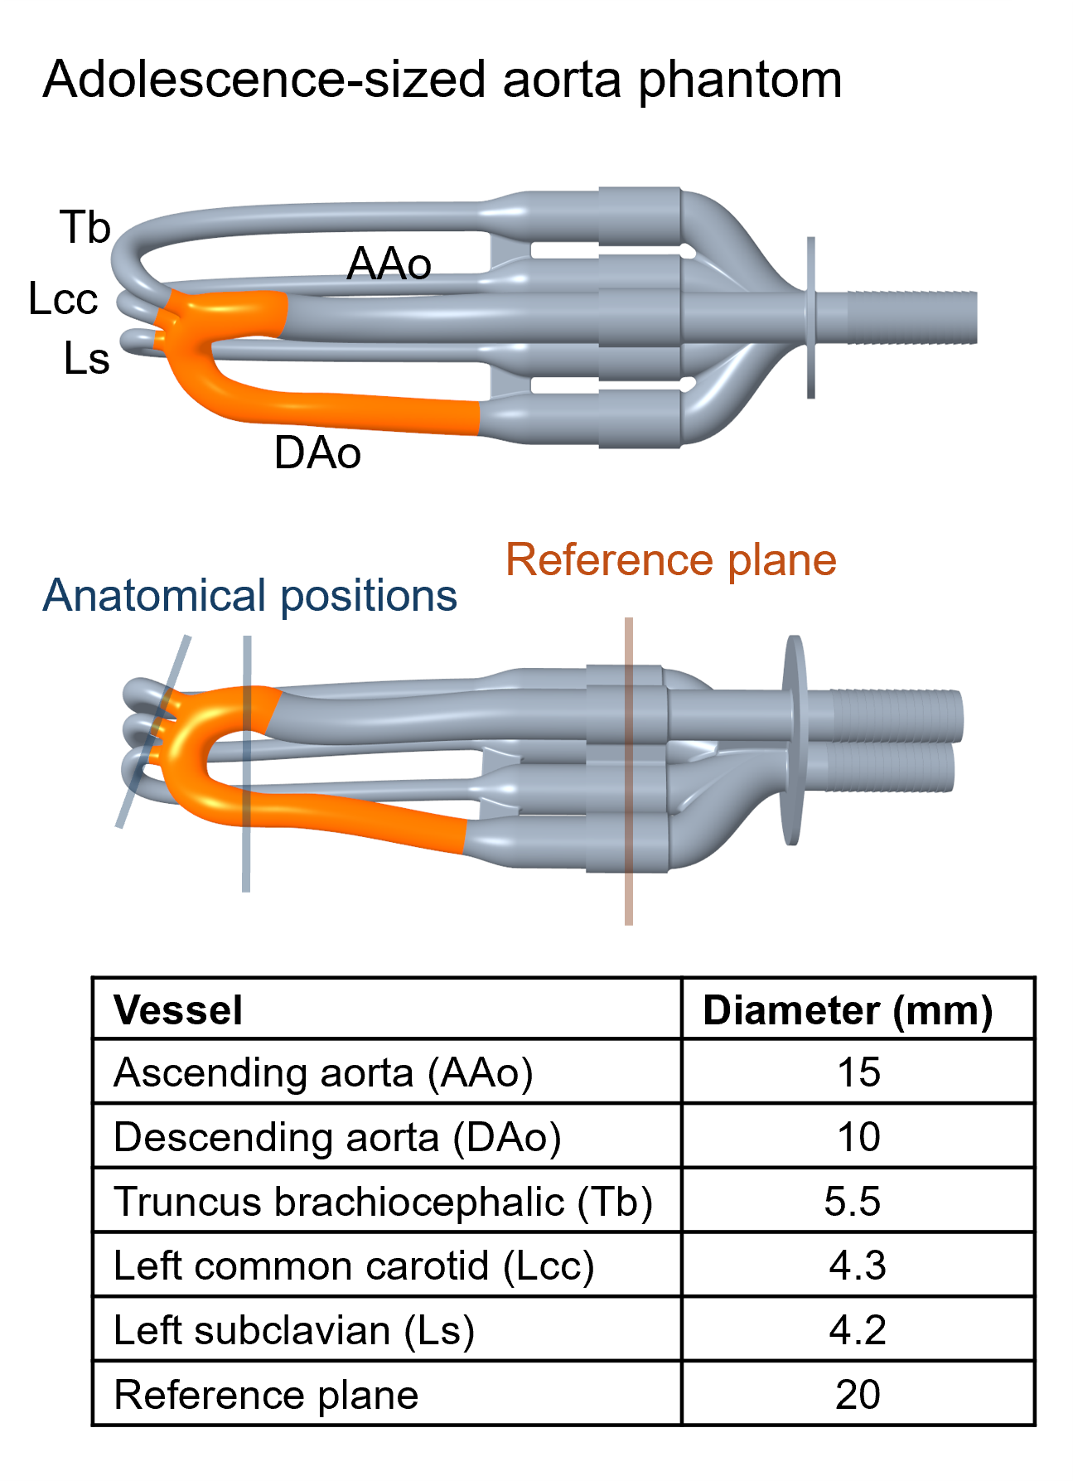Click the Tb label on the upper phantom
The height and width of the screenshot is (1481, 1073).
[85, 227]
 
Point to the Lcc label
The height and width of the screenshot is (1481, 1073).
[63, 298]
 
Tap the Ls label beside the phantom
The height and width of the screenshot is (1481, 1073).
[86, 359]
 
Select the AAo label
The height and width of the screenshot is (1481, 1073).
[389, 264]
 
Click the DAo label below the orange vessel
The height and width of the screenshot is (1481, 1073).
[317, 453]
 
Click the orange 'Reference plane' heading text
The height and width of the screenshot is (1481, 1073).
[670, 560]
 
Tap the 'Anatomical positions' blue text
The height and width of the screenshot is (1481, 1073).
[249, 596]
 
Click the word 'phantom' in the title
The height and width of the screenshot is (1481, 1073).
[740, 80]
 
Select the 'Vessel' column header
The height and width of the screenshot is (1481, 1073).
[178, 1010]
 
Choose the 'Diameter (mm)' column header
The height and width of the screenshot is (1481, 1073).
[848, 1010]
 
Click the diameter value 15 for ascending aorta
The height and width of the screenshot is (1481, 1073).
[858, 1072]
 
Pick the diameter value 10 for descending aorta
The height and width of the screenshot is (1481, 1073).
[858, 1137]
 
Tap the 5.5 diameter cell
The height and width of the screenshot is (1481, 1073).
[853, 1202]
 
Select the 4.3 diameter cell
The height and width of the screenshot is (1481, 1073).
[858, 1266]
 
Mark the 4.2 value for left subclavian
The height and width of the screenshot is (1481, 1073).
[858, 1330]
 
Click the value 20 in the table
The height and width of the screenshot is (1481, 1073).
[858, 1395]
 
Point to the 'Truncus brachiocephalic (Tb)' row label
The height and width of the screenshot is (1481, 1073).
[384, 1202]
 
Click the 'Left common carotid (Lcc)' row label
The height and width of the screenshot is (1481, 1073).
[354, 1266]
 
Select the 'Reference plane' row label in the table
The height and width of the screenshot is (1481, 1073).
[266, 1395]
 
